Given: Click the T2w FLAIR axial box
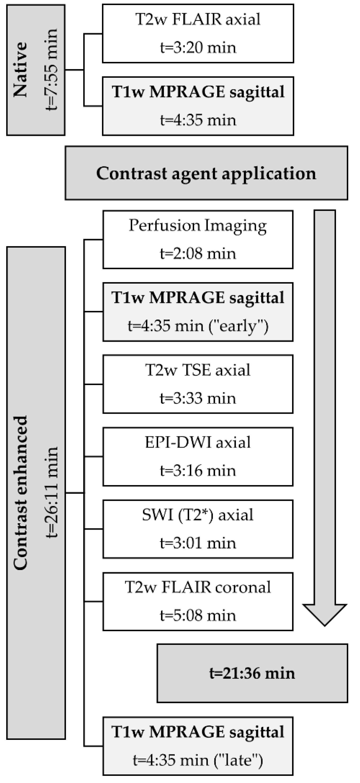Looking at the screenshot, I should (x=198, y=33).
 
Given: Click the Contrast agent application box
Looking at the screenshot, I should (x=206, y=173).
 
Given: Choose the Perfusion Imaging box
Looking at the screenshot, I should (x=198, y=239).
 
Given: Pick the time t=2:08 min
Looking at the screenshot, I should (x=198, y=253).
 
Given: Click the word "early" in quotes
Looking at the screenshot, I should (x=239, y=326).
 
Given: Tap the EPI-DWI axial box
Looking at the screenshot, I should (x=198, y=457).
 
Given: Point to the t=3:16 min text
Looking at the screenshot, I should (x=198, y=471).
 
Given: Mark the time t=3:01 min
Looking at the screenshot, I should (x=198, y=543).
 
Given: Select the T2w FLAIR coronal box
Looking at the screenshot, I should (x=198, y=601).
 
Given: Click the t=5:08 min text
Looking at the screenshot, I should (x=198, y=615).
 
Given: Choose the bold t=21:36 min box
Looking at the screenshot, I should (x=252, y=673).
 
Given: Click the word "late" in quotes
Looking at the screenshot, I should (x=239, y=760).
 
